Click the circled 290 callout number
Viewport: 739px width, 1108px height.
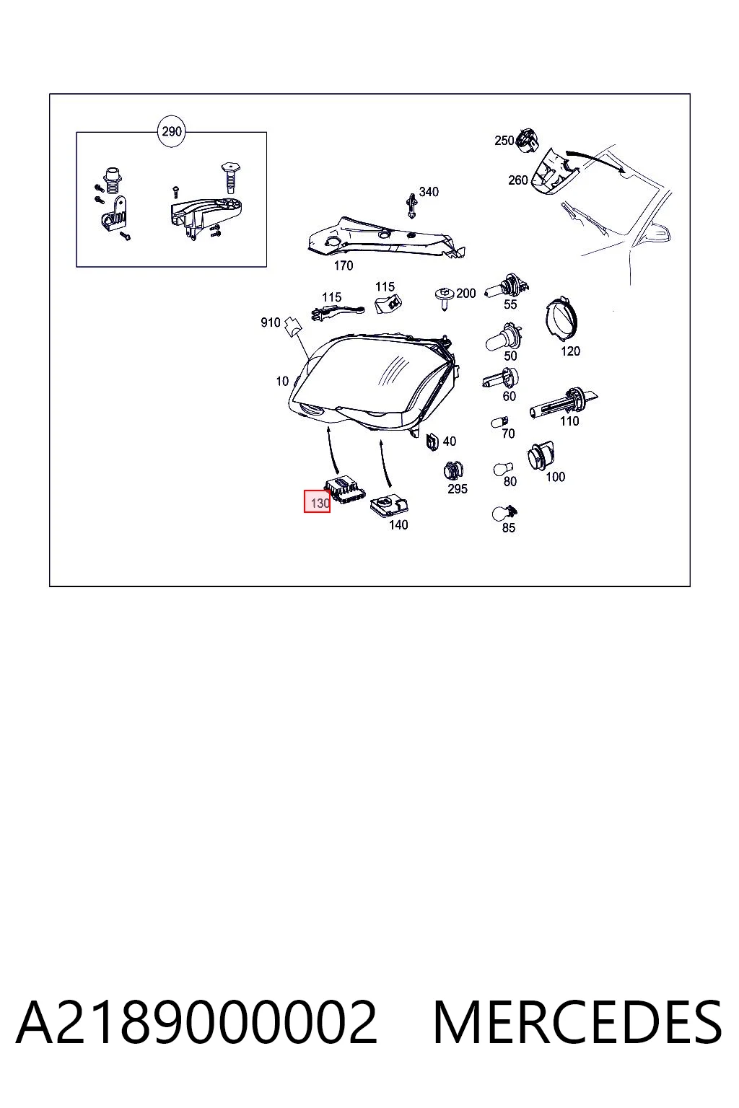point(171,131)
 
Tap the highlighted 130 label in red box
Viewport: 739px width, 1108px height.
point(318,502)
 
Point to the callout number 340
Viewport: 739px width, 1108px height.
point(429,192)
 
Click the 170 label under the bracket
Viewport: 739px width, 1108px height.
point(343,265)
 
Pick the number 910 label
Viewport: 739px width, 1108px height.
point(270,322)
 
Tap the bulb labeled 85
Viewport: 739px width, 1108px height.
point(504,513)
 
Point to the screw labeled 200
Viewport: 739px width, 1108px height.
point(445,299)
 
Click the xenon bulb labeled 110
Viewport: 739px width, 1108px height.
point(563,403)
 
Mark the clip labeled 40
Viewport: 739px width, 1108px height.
point(432,441)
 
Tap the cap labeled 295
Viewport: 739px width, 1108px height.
point(453,470)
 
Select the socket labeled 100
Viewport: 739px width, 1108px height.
point(540,456)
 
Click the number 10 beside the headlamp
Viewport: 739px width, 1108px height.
point(282,381)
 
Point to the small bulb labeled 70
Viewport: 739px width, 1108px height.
point(499,421)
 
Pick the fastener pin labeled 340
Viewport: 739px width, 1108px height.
point(411,206)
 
